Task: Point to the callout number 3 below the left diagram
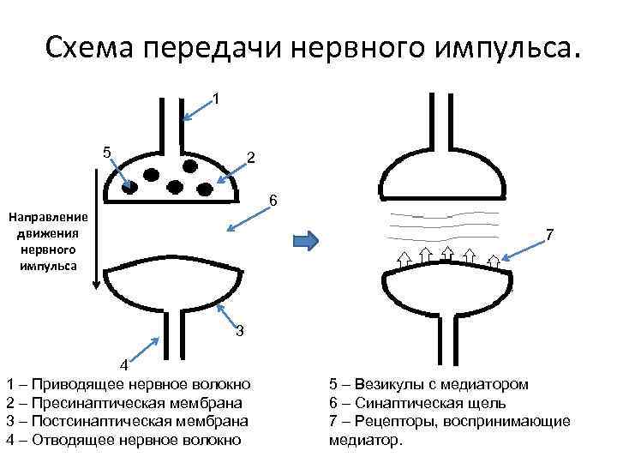(x=240, y=331)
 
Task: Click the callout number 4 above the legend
(x=123, y=365)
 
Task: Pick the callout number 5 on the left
(x=106, y=153)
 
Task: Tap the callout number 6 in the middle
(x=273, y=201)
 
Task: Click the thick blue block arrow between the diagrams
(x=306, y=241)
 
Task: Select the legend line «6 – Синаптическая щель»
(x=417, y=402)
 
